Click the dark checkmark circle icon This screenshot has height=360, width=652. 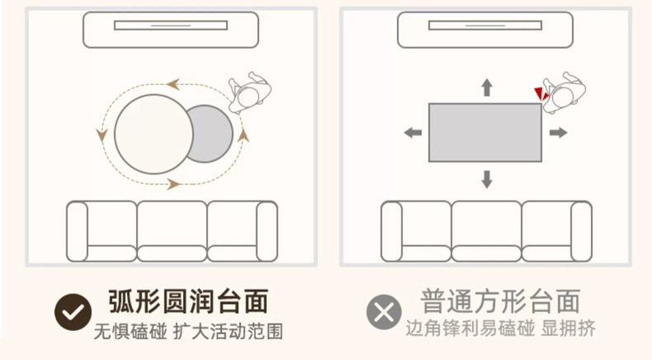[72, 312]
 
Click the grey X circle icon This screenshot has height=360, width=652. [384, 312]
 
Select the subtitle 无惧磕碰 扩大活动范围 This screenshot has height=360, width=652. [187, 332]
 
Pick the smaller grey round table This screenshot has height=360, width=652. [209, 133]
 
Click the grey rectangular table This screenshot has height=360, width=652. [484, 132]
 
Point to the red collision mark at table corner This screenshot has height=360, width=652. [540, 92]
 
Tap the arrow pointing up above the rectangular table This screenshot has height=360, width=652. [486, 87]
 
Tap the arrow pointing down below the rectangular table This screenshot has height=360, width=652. [486, 178]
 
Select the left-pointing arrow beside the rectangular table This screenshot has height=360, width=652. [412, 132]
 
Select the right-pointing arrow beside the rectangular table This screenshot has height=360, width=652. [558, 132]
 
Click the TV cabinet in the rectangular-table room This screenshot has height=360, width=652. [485, 28]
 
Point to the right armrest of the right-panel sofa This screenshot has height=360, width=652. [581, 231]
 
